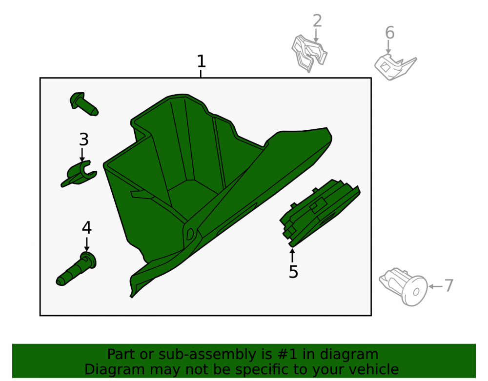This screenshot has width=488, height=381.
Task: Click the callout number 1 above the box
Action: tap(202, 61)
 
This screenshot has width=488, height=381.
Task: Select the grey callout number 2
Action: tap(317, 20)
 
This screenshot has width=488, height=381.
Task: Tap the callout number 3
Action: tap(84, 140)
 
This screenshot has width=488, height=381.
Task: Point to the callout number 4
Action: tap(86, 228)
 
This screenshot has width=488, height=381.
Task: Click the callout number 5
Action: tap(293, 272)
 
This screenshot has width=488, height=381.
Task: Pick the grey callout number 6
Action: tap(389, 33)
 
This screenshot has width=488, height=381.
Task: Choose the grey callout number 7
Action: tap(448, 285)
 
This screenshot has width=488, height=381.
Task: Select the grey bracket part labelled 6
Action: tap(395, 67)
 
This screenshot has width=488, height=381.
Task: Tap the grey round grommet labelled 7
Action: tap(405, 287)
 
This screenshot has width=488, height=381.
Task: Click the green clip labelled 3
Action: tap(79, 174)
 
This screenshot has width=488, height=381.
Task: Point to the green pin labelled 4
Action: tap(76, 269)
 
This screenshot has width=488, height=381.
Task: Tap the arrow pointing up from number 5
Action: tap(292, 256)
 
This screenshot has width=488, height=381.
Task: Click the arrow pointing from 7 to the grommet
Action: tap(435, 286)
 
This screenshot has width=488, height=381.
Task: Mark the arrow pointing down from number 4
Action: tap(87, 244)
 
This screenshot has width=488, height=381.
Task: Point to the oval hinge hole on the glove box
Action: tap(190, 234)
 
